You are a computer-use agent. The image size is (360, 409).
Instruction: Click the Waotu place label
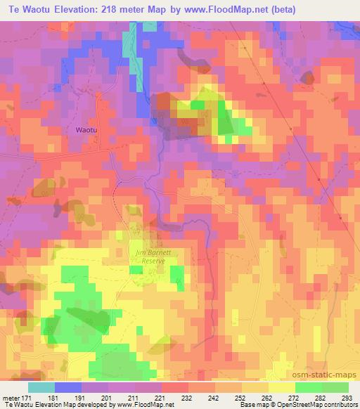click(x=87, y=129)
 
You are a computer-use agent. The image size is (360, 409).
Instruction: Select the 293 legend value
click(x=347, y=398)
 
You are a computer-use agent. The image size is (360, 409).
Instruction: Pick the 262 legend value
click(x=267, y=398)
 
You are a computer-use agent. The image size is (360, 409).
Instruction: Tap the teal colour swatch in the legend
click(x=41, y=387)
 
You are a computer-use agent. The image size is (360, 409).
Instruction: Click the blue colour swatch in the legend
click(x=68, y=387)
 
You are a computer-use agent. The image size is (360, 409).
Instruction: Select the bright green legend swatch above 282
click(x=309, y=387)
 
